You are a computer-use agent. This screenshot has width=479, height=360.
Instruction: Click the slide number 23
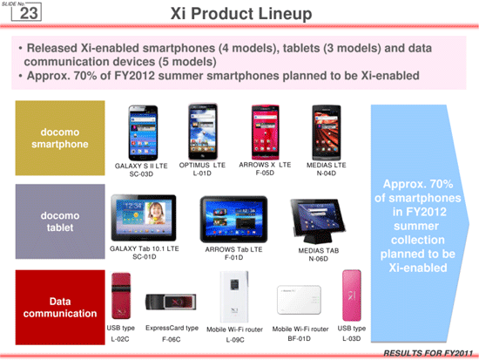pos(29,13)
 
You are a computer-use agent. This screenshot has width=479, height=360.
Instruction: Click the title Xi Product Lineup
pos(241,14)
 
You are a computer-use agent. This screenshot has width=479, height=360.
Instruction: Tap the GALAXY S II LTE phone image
pos(144,132)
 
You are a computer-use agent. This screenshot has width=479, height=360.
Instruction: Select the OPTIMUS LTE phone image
pos(203,132)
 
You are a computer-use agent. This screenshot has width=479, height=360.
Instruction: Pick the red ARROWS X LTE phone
pos(265,132)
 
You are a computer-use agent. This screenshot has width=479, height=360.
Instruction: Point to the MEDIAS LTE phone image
pos(327,132)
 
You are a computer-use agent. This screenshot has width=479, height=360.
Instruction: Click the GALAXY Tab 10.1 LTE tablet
pos(144,218)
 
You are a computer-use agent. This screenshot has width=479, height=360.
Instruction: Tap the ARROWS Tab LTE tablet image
pos(233,220)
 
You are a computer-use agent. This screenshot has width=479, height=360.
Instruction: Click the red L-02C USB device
pos(121,295)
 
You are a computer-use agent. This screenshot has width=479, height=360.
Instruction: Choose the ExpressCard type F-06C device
pos(171,302)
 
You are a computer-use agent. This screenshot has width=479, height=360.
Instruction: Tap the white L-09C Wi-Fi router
pos(234,296)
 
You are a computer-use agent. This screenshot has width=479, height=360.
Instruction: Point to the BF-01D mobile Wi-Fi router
pos(299,300)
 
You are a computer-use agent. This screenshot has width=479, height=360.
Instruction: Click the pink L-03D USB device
pos(352,295)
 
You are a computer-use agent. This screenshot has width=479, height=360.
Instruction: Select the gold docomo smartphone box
pos(60,138)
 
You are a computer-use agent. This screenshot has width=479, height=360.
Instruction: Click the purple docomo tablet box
pos(60,221)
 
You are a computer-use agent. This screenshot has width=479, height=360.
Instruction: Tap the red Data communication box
pos(60,308)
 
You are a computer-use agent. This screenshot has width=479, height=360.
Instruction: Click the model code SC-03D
pos(141,174)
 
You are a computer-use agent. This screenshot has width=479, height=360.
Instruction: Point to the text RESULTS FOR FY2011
pos(428,353)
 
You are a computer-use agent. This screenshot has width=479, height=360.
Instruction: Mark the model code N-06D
pos(318,259)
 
